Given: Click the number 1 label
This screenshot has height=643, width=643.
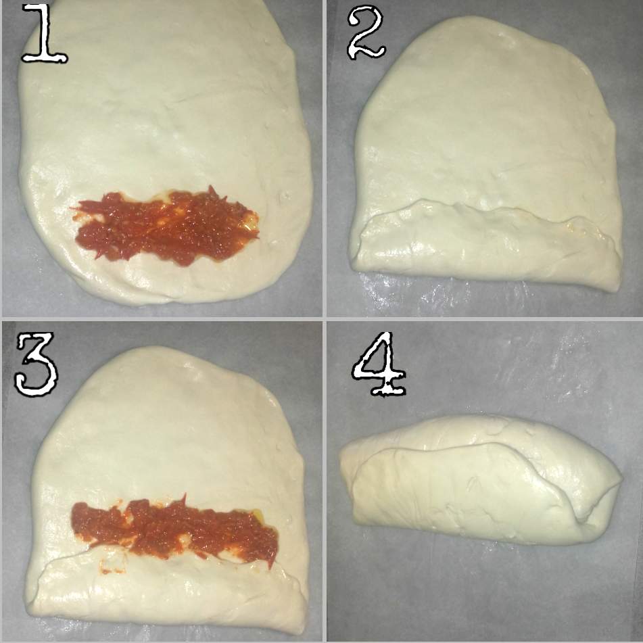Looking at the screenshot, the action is click(x=45, y=33).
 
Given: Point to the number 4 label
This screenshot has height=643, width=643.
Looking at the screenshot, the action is click(x=379, y=364).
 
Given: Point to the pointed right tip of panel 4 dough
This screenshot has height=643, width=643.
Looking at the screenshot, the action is click(x=621, y=478).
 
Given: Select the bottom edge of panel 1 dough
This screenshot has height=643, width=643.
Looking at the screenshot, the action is click(x=164, y=303).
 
